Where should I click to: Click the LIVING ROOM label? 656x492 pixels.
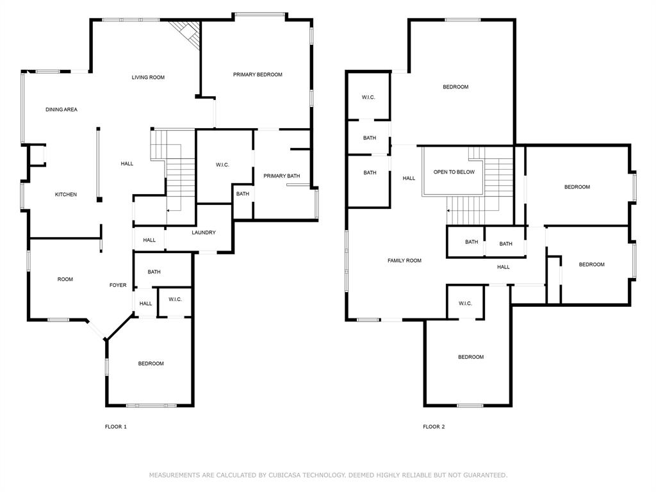tap(148, 78)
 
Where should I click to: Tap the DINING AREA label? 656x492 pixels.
tap(61, 110)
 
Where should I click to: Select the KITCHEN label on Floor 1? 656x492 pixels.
tap(66, 195)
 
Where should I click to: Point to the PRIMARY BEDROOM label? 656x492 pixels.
tap(258, 75)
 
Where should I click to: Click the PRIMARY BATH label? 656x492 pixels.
tap(281, 176)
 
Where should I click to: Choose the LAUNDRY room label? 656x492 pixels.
tap(204, 233)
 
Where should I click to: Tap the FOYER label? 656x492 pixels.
tap(118, 285)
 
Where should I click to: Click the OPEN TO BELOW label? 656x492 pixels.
tap(454, 172)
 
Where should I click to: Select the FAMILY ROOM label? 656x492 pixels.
tap(405, 261)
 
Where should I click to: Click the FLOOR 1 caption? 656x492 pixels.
tap(116, 427)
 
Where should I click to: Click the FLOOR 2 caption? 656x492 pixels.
tap(434, 427)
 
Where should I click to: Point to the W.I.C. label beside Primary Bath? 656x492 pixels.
tap(222, 165)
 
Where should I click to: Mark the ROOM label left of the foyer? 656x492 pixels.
tap(65, 279)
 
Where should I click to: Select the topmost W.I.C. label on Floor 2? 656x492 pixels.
tap(368, 97)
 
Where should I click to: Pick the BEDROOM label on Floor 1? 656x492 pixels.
tap(151, 364)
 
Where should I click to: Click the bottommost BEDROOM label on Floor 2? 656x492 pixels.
tap(471, 357)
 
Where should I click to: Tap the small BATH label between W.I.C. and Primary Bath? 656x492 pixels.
tap(242, 194)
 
